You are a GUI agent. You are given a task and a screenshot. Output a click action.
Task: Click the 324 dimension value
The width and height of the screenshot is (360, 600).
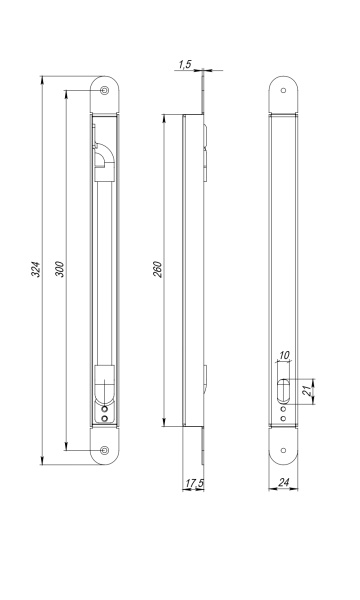(35, 270)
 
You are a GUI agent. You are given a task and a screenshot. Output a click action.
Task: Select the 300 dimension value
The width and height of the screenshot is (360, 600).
(60, 270)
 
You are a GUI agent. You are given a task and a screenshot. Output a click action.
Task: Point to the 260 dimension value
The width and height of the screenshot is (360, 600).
(158, 270)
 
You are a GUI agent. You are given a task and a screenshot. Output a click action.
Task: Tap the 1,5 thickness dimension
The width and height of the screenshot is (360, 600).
(185, 64)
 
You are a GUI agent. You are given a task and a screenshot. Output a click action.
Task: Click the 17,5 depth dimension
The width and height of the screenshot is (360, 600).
(194, 483)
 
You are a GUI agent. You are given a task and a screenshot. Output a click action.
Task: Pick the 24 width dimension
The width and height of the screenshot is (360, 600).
(283, 483)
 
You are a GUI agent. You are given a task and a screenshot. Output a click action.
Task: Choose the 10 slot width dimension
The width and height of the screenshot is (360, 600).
(284, 355)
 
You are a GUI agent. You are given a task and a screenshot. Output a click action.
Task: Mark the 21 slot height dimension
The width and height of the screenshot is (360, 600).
(306, 391)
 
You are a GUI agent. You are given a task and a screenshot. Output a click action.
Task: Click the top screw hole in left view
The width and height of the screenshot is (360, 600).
(104, 90)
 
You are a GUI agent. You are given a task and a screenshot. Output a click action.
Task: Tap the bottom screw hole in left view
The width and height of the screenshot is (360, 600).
(104, 450)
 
